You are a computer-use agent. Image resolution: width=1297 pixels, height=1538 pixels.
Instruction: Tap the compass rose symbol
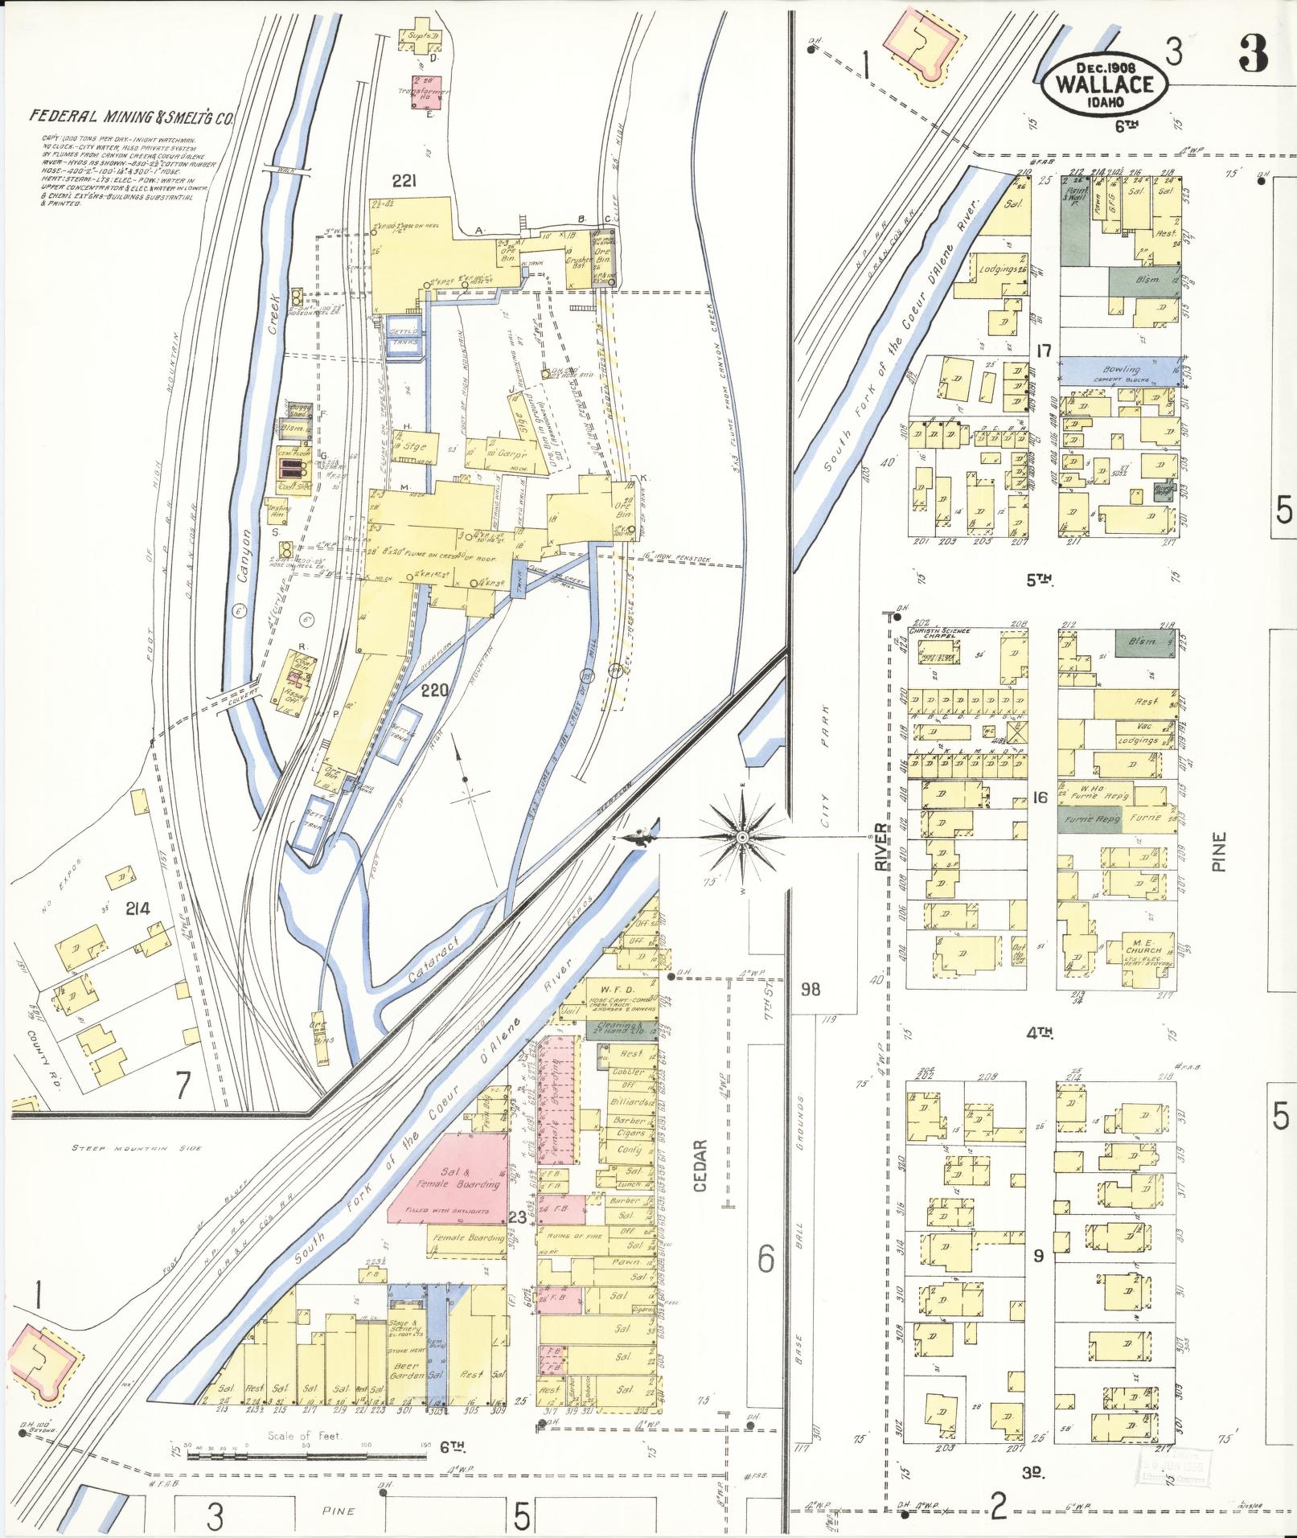click(x=742, y=839)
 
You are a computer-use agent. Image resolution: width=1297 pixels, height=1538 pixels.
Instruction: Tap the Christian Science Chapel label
click(x=939, y=634)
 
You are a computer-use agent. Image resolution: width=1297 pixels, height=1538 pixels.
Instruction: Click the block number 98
click(x=811, y=989)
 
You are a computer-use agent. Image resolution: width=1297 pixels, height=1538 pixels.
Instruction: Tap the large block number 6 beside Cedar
click(x=766, y=1258)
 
